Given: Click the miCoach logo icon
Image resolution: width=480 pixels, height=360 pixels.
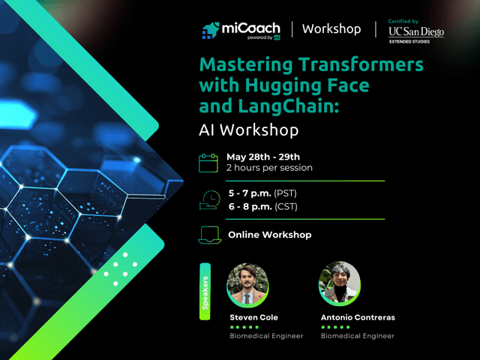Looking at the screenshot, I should point(210,30).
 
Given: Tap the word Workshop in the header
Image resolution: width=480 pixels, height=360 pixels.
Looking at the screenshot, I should point(331,29).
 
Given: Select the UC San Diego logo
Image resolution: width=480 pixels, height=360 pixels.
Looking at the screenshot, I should point(416,30).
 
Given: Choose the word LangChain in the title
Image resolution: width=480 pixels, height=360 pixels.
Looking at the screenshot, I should point(292,106).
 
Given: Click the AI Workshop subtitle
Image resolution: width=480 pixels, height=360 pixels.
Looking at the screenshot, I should point(249,130).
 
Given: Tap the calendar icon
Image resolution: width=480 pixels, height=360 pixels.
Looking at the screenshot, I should point(209,162).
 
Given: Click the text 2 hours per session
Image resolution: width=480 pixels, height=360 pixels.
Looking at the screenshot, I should point(269,168).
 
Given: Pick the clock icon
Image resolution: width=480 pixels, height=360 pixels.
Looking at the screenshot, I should point(210,199).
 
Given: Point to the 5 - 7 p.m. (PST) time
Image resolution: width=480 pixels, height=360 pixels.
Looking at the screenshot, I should point(263,193).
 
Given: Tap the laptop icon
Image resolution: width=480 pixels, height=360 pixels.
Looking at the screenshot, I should point(210,235).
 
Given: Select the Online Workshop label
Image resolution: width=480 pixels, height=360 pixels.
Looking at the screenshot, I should point(269,235).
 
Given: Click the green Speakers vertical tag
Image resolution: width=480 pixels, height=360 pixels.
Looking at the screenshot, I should point(205,292).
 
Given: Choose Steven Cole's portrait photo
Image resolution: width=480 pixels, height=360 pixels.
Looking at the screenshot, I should point(247,284).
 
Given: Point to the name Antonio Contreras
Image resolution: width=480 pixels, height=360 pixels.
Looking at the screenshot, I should point(358,317).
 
